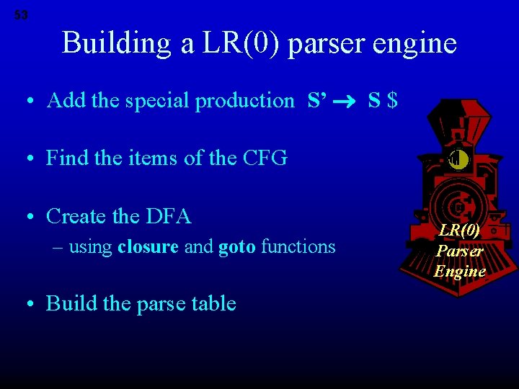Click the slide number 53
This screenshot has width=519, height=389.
pos(21,15)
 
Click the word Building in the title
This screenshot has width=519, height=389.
pos(116,43)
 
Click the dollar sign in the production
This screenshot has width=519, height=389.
pos(392,100)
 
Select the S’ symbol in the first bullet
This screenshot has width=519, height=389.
pos(316,100)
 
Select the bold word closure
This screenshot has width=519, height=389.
pos(148,247)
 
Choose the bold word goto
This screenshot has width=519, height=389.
pos(236,248)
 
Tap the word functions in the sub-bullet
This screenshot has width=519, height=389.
pos(298,247)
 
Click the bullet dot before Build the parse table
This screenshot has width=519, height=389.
pos(30,304)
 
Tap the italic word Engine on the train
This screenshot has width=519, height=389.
pos(459,271)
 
